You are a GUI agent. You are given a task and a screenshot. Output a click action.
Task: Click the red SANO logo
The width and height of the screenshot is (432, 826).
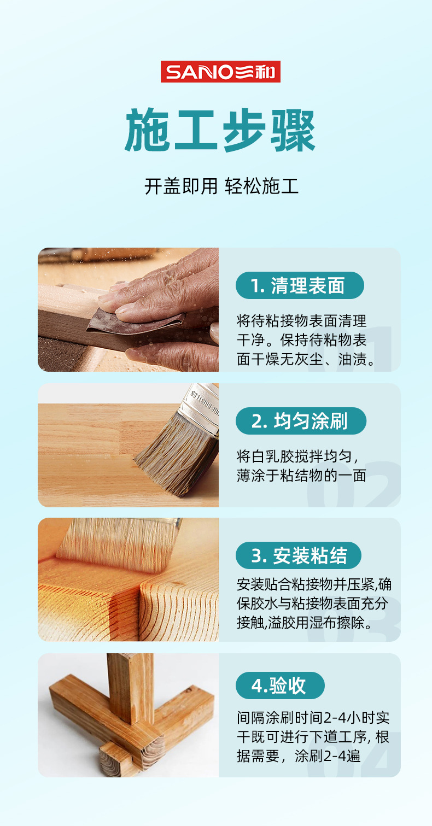220,72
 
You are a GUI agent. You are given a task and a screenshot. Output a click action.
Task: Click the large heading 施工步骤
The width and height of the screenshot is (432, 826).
220,131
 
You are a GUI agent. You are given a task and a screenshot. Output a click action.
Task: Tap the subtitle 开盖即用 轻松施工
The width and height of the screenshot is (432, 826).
221,186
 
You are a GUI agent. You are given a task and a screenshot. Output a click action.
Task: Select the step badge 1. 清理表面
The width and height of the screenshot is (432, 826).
300,285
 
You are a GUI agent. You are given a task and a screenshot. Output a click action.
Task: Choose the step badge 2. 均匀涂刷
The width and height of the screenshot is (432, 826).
301,421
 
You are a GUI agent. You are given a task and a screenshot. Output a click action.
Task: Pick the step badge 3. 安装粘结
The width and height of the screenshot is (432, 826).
299,555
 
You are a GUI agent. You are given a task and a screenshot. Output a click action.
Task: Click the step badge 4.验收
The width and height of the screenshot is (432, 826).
280,686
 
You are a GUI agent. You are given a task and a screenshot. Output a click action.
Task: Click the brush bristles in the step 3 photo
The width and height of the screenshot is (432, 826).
118,544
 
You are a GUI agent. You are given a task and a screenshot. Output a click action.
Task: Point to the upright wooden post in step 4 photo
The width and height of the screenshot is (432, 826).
130,688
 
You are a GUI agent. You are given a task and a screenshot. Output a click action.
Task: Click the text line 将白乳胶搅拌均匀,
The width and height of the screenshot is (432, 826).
297,456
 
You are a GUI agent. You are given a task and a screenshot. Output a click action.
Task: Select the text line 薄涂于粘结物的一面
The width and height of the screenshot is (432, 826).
301,476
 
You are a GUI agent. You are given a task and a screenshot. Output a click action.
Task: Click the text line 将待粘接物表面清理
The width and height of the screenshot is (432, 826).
301,321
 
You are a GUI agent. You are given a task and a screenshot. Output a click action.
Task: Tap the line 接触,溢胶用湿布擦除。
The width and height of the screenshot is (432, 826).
305,623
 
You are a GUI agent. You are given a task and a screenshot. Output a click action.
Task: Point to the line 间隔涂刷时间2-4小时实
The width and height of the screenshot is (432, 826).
313,718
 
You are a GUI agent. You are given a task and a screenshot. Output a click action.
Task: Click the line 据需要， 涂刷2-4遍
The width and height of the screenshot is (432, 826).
299,756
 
